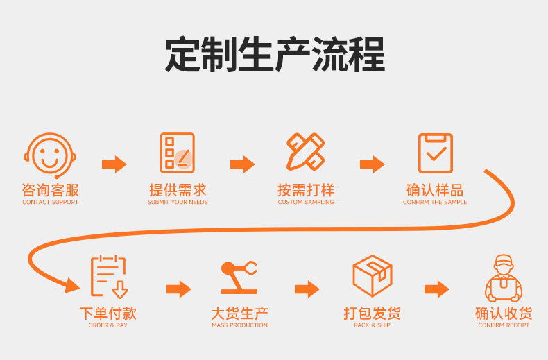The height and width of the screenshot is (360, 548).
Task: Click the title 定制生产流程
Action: (x=274, y=55)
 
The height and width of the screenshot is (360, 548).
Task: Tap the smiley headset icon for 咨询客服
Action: (x=50, y=154)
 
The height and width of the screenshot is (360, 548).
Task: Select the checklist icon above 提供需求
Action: (x=178, y=153)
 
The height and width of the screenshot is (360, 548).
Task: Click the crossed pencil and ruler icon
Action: (x=306, y=153)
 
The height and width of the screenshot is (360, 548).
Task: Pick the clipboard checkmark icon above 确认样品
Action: (x=435, y=153)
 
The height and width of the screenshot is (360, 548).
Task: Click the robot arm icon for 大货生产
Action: (x=239, y=277)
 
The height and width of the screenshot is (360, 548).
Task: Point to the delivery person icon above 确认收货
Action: (x=504, y=277)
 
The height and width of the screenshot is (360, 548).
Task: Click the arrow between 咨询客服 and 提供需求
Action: (x=114, y=164)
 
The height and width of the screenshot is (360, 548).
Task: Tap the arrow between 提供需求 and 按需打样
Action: (x=243, y=164)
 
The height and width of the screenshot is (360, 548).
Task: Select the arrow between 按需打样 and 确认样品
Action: (x=372, y=164)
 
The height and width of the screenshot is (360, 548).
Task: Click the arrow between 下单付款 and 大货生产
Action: (x=178, y=289)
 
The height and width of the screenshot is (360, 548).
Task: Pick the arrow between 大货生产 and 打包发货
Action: (x=307, y=289)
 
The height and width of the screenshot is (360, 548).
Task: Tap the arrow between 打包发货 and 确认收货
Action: (x=437, y=289)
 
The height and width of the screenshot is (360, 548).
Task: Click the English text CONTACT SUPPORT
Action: (x=50, y=203)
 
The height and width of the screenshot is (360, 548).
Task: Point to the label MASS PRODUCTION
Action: (x=239, y=325)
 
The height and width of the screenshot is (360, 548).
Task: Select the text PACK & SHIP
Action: (x=372, y=325)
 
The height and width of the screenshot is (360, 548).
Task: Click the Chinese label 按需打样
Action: (x=306, y=190)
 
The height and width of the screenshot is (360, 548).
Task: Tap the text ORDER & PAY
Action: (x=108, y=325)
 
